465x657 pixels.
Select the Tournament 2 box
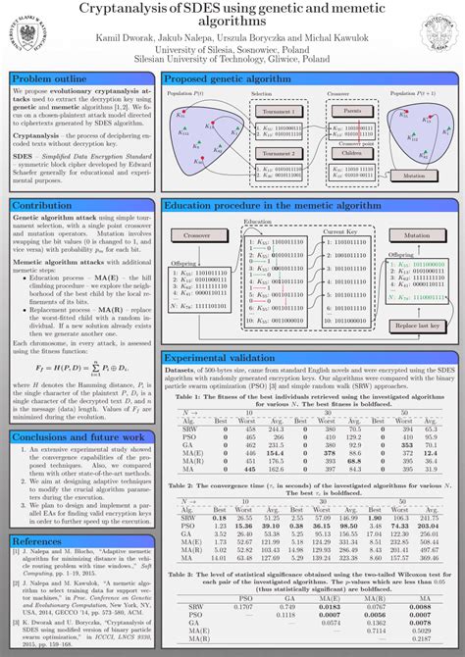pos(278,154)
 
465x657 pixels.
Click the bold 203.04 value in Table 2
pos(429,526)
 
